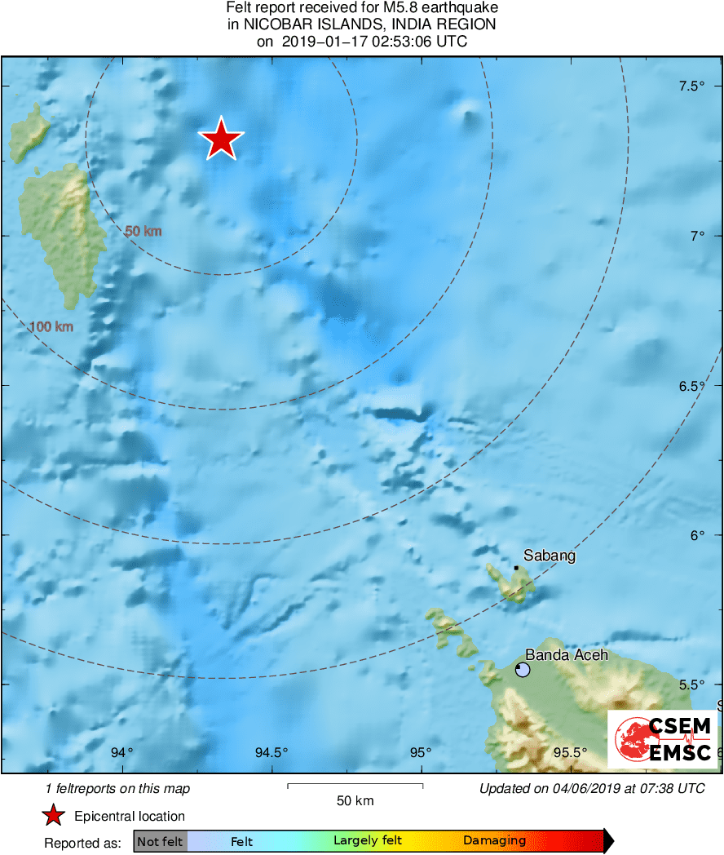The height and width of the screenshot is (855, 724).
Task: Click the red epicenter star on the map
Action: click(x=221, y=140)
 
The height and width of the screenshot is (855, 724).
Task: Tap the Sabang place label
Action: click(x=550, y=556)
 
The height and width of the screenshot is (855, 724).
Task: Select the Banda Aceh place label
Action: click(x=567, y=654)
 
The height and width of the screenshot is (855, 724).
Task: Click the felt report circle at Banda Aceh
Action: click(x=523, y=670)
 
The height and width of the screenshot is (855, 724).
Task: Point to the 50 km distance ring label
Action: click(x=143, y=231)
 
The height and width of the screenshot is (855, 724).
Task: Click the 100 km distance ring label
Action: click(x=51, y=327)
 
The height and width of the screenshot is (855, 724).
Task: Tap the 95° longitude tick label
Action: click(x=421, y=752)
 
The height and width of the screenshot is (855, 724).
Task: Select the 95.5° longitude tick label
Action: click(x=570, y=752)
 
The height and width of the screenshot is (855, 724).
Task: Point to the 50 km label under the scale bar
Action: click(x=355, y=800)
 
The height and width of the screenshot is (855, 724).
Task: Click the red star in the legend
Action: click(x=54, y=815)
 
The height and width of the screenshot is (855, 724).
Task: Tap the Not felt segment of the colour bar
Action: click(x=160, y=840)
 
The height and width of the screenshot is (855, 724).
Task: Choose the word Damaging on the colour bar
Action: click(x=495, y=840)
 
